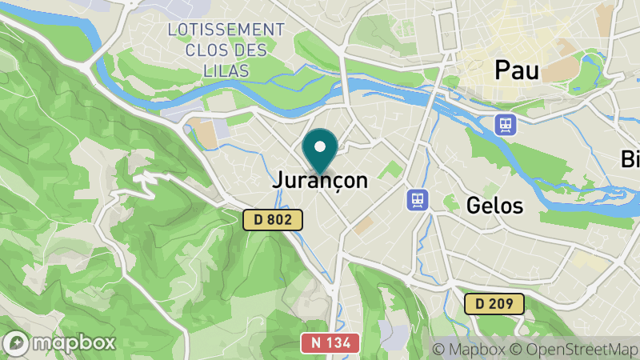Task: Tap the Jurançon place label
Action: (x=320, y=181)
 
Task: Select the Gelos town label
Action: (x=494, y=206)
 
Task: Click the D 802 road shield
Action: (x=274, y=219)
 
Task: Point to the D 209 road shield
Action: (x=494, y=304)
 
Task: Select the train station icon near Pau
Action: (x=506, y=125)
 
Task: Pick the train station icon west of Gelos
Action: (x=416, y=198)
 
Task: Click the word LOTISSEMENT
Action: (x=226, y=30)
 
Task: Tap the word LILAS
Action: (x=226, y=71)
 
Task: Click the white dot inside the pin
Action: (x=320, y=146)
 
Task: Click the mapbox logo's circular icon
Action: (x=17, y=342)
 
